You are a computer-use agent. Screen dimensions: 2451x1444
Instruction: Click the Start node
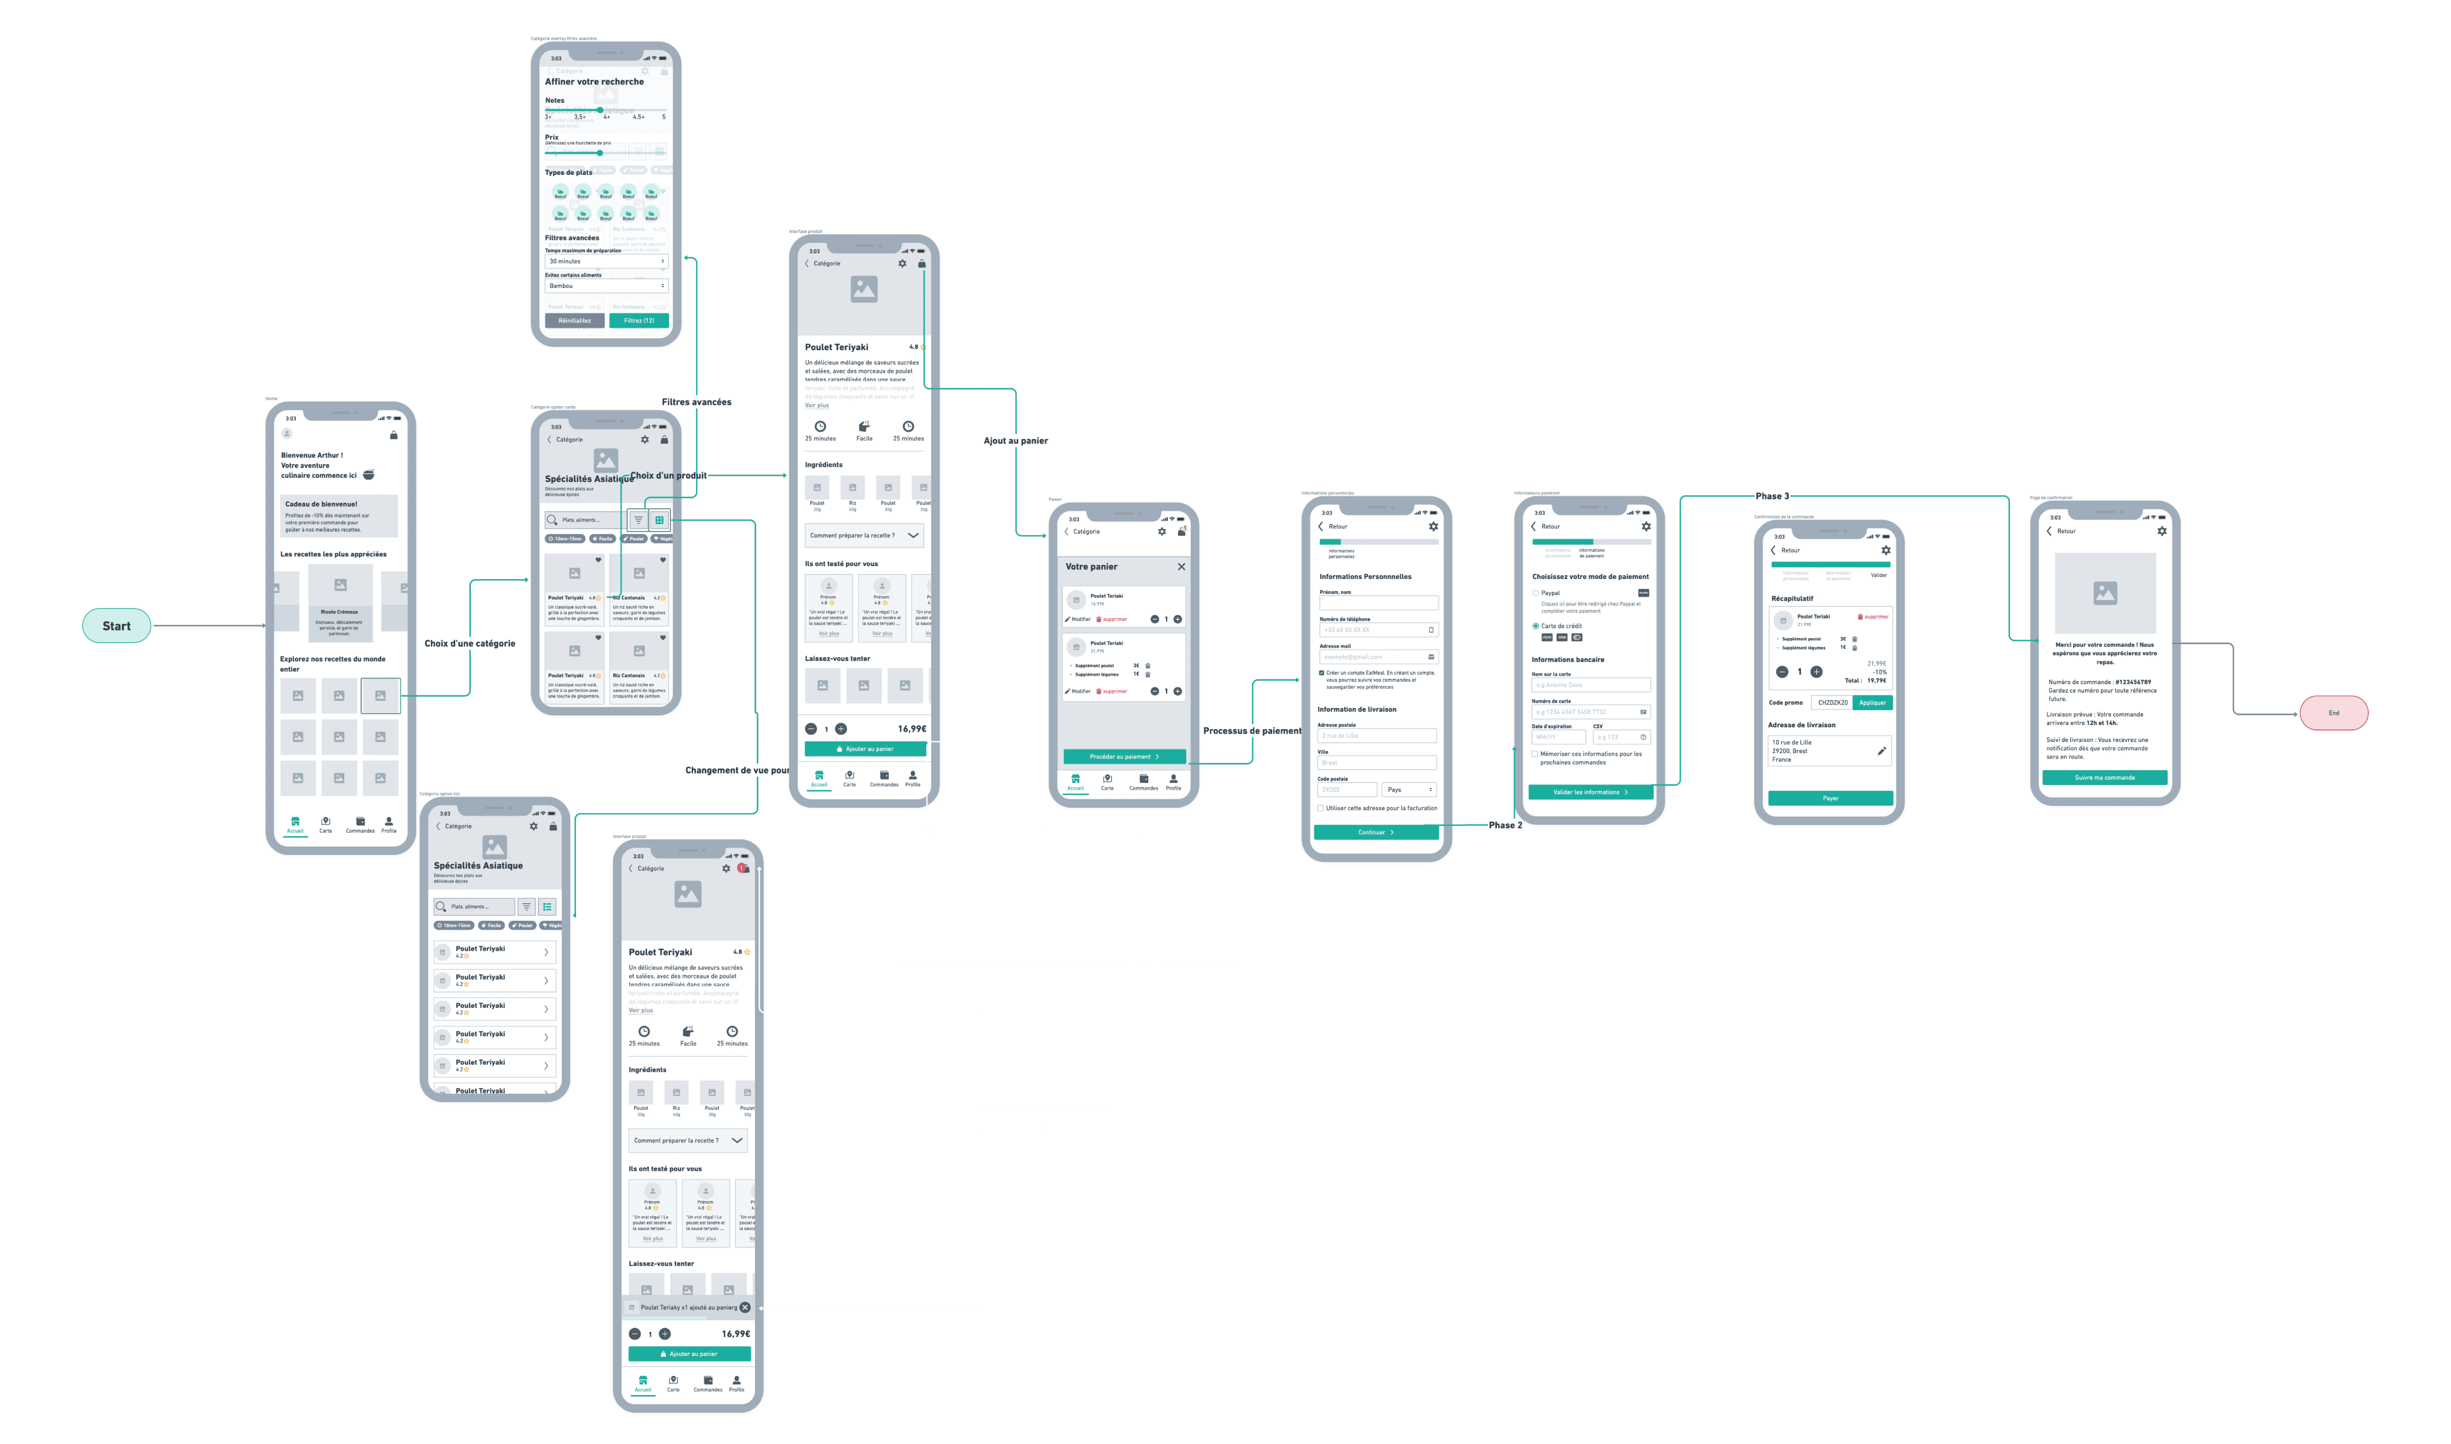coord(116,626)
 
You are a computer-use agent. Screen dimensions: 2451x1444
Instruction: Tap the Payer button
coord(1830,798)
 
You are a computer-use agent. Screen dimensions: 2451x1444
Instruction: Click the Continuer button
coord(1376,832)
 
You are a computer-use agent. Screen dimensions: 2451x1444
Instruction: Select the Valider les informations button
coord(1590,792)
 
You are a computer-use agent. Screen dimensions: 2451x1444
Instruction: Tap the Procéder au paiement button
coord(1124,756)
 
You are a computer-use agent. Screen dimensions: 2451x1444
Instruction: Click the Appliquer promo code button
coord(1872,702)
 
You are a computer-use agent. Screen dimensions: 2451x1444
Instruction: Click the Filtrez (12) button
coord(638,320)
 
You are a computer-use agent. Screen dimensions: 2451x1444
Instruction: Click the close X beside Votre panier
coord(1181,566)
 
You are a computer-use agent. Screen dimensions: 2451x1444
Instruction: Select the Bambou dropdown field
coord(606,286)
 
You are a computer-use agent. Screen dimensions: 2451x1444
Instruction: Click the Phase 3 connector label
coord(1772,496)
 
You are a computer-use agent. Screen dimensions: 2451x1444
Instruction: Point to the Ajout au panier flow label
coord(1015,441)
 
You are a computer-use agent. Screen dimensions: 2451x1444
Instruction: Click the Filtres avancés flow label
coord(697,402)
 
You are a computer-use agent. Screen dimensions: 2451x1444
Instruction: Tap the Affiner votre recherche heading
coord(594,82)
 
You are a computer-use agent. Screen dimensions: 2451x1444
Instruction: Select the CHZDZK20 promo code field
coord(1832,702)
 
